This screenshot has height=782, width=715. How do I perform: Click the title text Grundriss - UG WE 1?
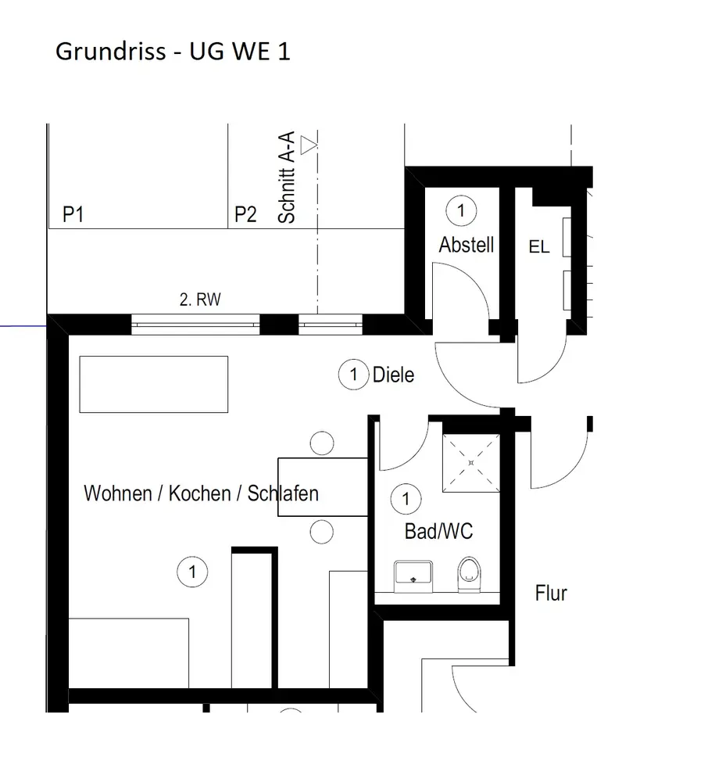[x=173, y=52]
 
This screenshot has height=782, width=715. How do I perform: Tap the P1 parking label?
[x=73, y=214]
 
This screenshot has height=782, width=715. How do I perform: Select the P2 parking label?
[x=245, y=214]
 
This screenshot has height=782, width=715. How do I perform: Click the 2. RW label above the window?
[x=201, y=298]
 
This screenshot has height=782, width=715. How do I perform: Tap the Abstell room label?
[x=467, y=245]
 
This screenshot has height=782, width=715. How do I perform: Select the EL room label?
[x=539, y=247]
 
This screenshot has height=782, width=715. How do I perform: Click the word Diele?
[x=393, y=375]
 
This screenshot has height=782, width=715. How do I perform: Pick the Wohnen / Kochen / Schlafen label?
[x=201, y=493]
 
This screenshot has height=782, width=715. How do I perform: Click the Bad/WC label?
[x=438, y=532]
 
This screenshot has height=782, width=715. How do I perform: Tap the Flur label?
[x=551, y=593]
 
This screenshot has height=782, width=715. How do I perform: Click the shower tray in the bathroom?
[x=471, y=463]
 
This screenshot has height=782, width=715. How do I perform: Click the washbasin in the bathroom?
[x=413, y=572]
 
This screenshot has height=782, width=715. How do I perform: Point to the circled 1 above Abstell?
[x=461, y=210]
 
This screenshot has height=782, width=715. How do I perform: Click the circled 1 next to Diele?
[x=354, y=375]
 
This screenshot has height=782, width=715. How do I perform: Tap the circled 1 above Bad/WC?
[x=406, y=497]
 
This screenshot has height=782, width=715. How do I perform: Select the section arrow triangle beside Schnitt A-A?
[x=310, y=144]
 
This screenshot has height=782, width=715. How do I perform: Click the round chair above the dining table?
[x=321, y=443]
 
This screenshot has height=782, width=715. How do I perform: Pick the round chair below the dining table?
[x=321, y=532]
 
